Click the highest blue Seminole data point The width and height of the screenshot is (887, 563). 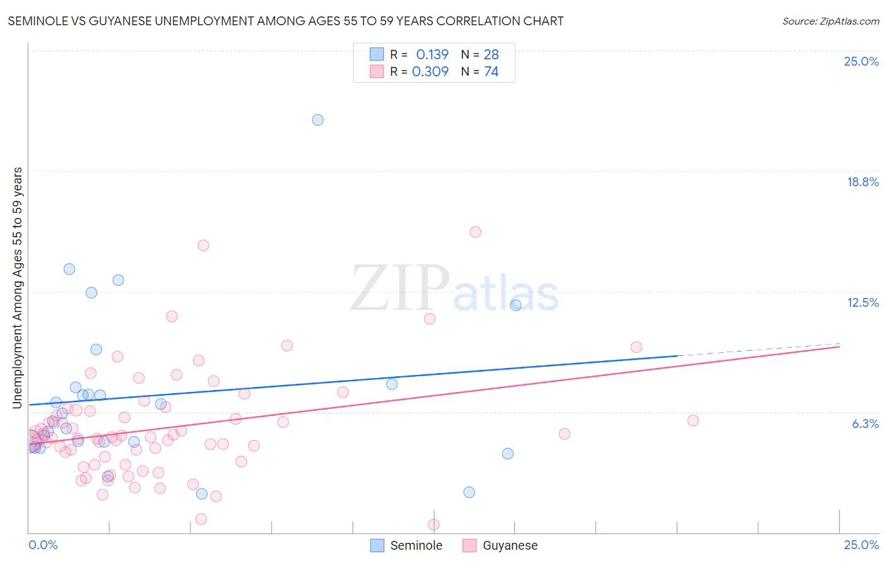[x=318, y=120]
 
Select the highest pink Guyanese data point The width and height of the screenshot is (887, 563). [x=476, y=232]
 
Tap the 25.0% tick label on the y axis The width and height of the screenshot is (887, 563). [x=861, y=61]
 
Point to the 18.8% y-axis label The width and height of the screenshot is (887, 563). [x=862, y=182]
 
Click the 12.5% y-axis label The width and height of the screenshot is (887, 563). [x=862, y=302]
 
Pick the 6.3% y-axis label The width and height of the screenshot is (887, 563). [x=865, y=424]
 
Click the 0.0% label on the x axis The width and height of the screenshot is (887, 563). [x=43, y=545]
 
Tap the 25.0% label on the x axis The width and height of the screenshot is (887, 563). [x=861, y=545]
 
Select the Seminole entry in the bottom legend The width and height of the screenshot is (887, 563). [x=406, y=545]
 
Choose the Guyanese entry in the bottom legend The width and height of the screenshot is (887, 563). [x=500, y=545]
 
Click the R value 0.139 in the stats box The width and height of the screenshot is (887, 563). [x=432, y=54]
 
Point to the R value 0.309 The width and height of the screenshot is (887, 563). [x=430, y=71]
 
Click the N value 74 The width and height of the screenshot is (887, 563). [x=491, y=71]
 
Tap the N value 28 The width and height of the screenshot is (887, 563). [x=491, y=54]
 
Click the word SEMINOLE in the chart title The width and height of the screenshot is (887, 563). [x=37, y=21]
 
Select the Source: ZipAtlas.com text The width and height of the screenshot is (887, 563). [x=830, y=21]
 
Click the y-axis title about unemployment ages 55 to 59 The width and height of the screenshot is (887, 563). [x=17, y=287]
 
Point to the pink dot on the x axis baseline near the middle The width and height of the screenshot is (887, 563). [x=433, y=524]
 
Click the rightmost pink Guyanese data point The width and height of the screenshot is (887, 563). [x=693, y=420]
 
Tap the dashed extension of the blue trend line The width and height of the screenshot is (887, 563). [x=757, y=350]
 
